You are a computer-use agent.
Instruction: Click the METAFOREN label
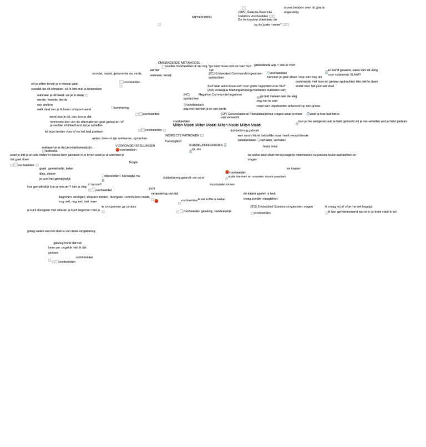point(202,17)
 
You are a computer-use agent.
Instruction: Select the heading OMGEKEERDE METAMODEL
point(179,63)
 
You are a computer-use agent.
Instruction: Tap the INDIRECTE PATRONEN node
point(182,135)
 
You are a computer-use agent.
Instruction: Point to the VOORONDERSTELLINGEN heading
point(135,145)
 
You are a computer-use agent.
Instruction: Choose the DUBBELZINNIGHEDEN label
point(206,145)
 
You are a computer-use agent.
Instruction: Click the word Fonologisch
point(173,141)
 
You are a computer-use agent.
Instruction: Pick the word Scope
point(133,162)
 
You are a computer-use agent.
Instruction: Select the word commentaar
point(84,257)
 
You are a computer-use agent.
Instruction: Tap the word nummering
point(121,108)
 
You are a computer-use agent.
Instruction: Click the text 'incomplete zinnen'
point(222,184)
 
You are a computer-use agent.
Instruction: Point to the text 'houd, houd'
point(270,146)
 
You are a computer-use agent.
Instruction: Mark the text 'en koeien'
point(293,168)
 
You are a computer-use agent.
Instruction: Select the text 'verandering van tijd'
point(165,194)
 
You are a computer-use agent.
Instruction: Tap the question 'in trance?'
point(94,184)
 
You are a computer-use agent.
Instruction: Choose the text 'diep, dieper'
point(47,174)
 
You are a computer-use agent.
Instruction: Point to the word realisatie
point(51,151)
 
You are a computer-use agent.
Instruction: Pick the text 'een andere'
point(45,104)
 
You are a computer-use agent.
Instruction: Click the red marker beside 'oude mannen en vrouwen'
point(227,172)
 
